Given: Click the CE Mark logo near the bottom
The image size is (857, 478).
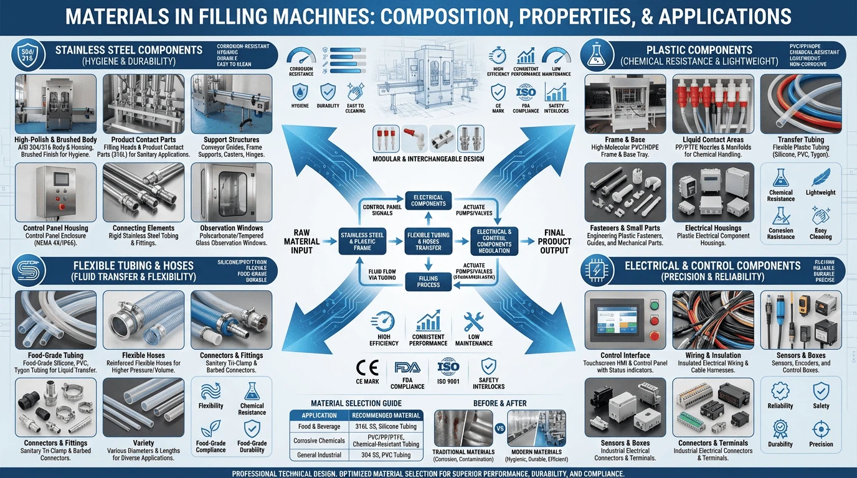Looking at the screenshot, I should [x=367, y=368].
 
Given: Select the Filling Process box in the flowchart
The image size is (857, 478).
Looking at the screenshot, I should [x=429, y=281].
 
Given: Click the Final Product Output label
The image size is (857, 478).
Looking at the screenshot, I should [x=554, y=241].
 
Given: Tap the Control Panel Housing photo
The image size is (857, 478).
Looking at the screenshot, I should [x=55, y=192].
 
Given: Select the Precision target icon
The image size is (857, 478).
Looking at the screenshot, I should [x=821, y=428].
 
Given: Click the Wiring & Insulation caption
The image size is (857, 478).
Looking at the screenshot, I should [x=713, y=355].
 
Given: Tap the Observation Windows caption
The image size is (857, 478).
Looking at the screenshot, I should [x=231, y=228].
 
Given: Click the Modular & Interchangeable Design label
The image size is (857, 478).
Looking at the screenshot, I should [x=429, y=159].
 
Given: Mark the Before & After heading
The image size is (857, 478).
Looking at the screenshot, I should [x=499, y=403].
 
